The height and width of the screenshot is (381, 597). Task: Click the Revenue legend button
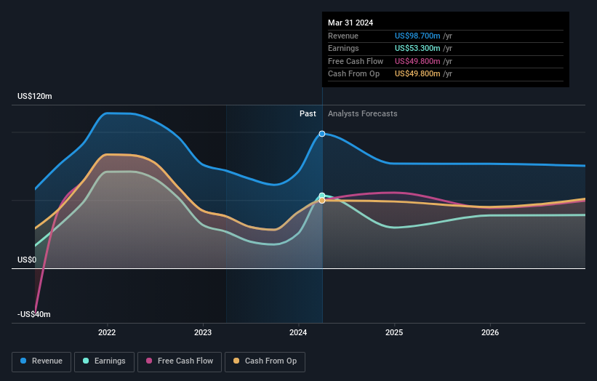pyautogui.click(x=42, y=361)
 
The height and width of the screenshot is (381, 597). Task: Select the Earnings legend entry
pyautogui.click(x=105, y=361)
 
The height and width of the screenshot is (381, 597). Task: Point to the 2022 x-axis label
pyautogui.click(x=107, y=332)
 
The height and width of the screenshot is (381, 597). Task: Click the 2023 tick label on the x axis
pyautogui.click(x=203, y=332)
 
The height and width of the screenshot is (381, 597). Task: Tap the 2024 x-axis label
pyautogui.click(x=299, y=332)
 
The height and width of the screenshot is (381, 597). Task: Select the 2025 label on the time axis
pyautogui.click(x=394, y=332)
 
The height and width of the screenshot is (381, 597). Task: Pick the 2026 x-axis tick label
pyautogui.click(x=490, y=332)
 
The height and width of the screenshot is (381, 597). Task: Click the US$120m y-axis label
pyautogui.click(x=35, y=97)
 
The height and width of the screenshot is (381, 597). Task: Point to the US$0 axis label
pyautogui.click(x=27, y=260)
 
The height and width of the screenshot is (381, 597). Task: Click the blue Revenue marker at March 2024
pyautogui.click(x=322, y=134)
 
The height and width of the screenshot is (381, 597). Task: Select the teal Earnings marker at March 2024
pyautogui.click(x=322, y=196)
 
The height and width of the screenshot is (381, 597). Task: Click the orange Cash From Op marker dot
pyautogui.click(x=322, y=201)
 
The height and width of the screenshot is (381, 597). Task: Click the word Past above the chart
pyautogui.click(x=308, y=113)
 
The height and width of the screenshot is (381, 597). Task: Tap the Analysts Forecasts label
pyautogui.click(x=363, y=113)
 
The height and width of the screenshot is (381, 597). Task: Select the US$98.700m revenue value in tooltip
pyautogui.click(x=418, y=36)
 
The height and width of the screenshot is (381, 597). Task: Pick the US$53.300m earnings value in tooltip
pyautogui.click(x=418, y=49)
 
